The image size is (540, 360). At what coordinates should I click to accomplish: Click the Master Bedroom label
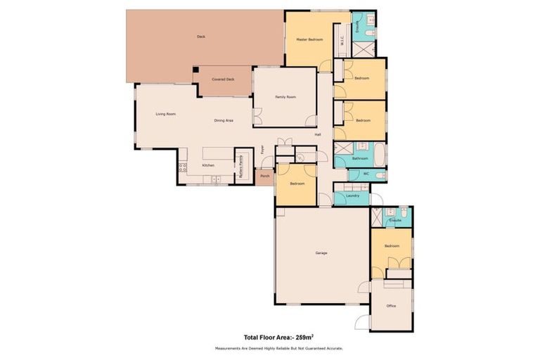coord(309,40)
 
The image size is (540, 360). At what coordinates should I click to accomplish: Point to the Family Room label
coord(285,97)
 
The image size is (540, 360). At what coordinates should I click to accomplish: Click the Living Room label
coord(165,113)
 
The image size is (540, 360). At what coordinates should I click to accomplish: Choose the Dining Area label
coord(224,121)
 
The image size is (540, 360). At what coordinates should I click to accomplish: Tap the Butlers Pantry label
coord(243,167)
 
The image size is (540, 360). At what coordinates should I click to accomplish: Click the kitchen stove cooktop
coord(183,167)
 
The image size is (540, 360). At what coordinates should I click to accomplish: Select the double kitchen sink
coord(217,180)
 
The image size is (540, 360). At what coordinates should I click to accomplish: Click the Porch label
coord(264,176)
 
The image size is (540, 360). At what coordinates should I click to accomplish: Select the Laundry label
coord(353,195)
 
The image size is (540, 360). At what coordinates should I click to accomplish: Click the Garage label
coord(321,253)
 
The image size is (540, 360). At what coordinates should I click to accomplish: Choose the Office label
coord(392,306)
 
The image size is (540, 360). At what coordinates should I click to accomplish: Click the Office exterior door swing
coord(362,321)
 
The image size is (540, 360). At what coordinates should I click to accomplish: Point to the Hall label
coord(318,134)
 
